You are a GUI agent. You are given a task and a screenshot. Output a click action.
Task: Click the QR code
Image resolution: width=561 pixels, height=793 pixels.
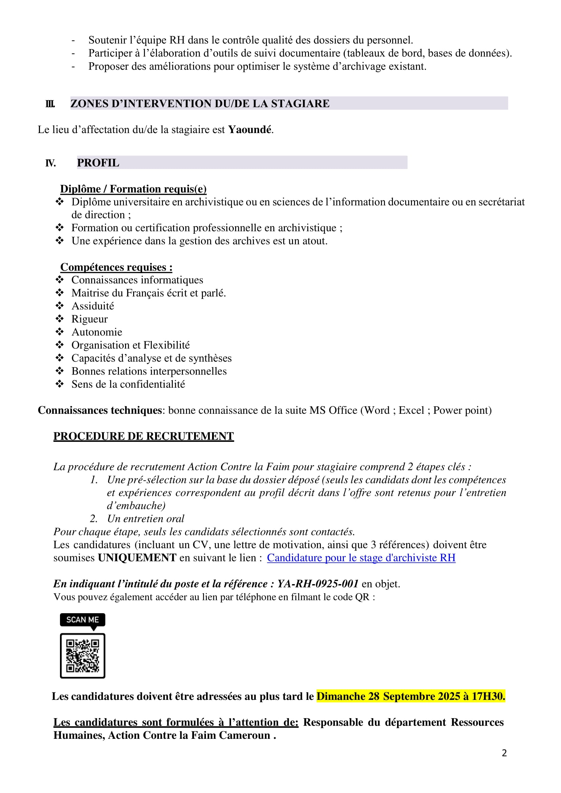(x=83, y=656)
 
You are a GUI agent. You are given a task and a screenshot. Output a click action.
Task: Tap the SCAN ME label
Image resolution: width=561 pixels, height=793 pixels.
(x=83, y=620)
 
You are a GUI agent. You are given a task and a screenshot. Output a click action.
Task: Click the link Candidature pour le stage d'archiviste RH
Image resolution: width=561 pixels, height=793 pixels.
(x=361, y=558)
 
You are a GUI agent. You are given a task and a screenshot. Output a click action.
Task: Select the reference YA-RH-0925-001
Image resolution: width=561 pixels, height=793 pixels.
(x=318, y=584)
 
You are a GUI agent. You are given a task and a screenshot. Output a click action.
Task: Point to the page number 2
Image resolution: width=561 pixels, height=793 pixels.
(x=504, y=753)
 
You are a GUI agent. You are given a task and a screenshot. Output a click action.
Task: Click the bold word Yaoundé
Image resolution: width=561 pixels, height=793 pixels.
(x=250, y=130)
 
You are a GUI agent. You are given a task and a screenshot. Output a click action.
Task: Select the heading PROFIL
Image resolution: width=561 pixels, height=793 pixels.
(x=98, y=163)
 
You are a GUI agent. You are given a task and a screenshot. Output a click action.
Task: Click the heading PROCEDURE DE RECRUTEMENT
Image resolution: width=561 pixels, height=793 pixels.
(x=143, y=436)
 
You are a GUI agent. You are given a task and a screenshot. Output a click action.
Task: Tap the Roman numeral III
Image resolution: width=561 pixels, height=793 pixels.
(x=50, y=104)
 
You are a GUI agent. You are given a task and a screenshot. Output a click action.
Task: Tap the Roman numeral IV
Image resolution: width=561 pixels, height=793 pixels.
(x=50, y=163)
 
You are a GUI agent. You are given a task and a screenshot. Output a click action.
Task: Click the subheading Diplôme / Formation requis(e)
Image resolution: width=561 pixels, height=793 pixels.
(x=133, y=189)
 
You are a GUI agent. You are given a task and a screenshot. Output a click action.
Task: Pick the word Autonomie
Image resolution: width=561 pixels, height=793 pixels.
(x=97, y=332)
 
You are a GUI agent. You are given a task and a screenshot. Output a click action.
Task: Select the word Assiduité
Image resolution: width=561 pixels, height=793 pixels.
(x=92, y=306)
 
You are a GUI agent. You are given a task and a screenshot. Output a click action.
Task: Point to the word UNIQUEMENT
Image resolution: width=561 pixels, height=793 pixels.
(x=137, y=558)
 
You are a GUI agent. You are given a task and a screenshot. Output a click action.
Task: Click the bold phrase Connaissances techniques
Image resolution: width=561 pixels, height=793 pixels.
(x=100, y=410)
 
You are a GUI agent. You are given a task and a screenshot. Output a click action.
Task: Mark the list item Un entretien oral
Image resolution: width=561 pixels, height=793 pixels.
(x=146, y=519)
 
